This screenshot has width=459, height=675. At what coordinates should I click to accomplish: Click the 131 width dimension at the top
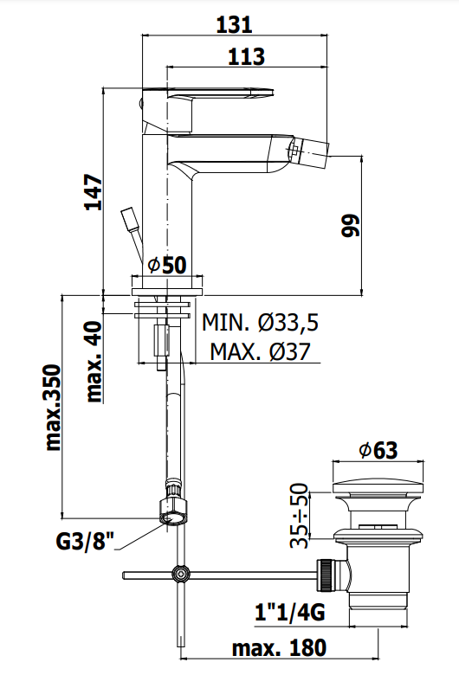234,24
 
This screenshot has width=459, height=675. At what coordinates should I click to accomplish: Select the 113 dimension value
246,57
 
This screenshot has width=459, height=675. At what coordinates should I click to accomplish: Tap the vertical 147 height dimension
94,191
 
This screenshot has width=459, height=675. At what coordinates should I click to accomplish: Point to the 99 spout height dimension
350,225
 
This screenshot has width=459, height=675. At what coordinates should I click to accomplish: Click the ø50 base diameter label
167,265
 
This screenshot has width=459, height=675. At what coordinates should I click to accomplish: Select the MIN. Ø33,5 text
261,322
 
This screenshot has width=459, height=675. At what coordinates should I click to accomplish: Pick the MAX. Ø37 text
261,351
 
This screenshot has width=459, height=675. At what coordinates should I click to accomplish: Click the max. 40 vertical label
94,362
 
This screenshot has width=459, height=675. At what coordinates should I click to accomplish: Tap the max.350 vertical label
53,408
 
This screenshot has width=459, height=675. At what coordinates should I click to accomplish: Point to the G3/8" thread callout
85,541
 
